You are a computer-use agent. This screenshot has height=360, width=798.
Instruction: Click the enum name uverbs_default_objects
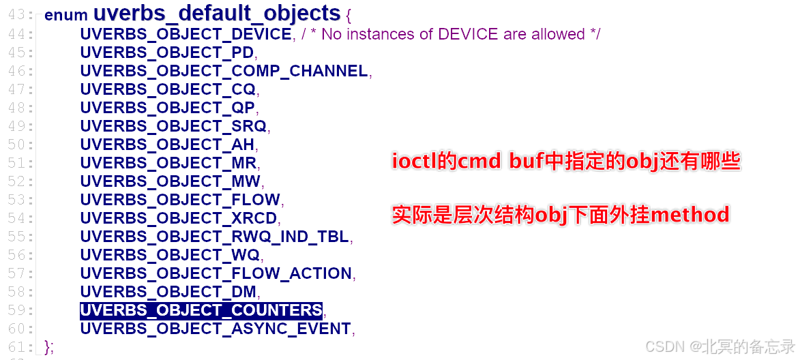click(217, 14)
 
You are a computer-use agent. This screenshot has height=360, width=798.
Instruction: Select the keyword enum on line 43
click(66, 15)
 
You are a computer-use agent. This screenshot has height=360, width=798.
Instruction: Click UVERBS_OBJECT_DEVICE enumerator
click(186, 34)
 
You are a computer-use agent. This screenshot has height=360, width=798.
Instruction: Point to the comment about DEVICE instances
click(450, 34)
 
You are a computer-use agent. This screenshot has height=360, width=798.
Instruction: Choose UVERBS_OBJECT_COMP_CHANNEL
click(224, 71)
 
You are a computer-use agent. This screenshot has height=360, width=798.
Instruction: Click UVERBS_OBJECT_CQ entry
click(168, 89)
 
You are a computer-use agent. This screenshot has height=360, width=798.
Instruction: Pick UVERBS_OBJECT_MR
click(168, 163)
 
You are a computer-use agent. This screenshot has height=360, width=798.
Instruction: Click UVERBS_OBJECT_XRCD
click(179, 218)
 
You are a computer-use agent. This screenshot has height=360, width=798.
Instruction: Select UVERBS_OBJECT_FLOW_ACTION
click(216, 273)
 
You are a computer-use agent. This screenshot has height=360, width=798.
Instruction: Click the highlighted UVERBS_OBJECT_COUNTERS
click(201, 310)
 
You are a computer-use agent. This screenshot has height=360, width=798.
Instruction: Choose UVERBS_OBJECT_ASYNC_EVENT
click(216, 329)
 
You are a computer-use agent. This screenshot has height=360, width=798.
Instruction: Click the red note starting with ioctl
click(565, 162)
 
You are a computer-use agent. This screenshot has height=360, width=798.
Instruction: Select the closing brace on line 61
click(47, 347)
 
